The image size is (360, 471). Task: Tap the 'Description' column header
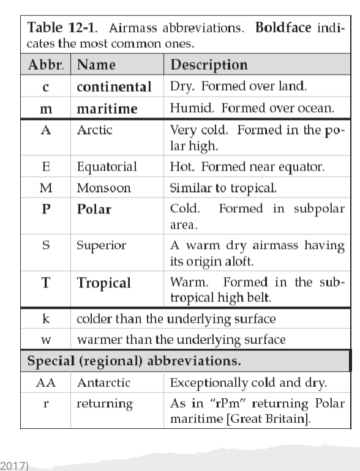point(209,65)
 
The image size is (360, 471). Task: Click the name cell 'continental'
point(114,87)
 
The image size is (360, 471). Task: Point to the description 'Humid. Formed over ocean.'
point(252,109)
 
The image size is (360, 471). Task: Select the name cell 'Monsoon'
point(103,188)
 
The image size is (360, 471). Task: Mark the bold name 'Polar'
point(94,210)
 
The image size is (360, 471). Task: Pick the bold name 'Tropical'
point(103,283)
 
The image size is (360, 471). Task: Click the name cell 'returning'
point(104,404)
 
